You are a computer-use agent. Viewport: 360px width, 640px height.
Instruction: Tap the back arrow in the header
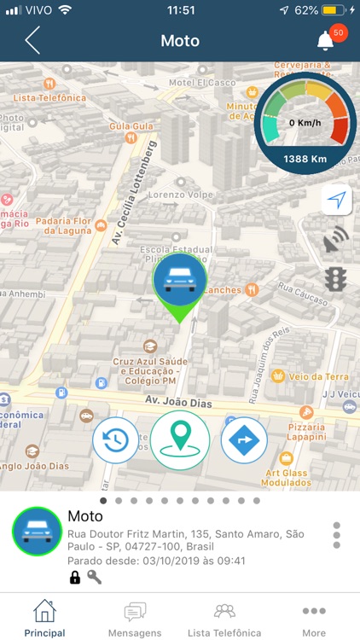click(x=32, y=40)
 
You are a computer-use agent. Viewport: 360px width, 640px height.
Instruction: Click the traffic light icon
click(x=336, y=278)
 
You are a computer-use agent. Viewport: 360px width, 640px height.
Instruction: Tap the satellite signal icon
click(x=336, y=240)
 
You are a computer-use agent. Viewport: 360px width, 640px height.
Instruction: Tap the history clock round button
click(x=116, y=440)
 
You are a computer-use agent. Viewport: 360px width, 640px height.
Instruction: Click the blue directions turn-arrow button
click(x=244, y=440)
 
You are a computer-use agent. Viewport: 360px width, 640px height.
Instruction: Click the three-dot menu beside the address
click(x=337, y=535)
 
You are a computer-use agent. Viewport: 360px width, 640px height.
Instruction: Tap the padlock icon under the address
click(x=75, y=578)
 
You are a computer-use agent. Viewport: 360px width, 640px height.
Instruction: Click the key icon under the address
click(x=94, y=578)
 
